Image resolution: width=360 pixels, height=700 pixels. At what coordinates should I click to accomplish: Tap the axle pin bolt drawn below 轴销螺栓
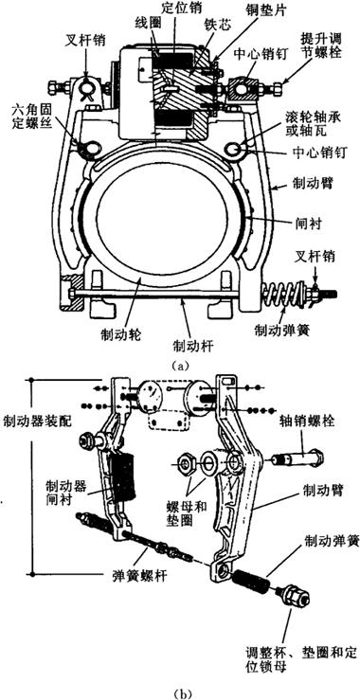297,458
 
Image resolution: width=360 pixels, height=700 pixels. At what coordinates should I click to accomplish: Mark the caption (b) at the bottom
180,693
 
